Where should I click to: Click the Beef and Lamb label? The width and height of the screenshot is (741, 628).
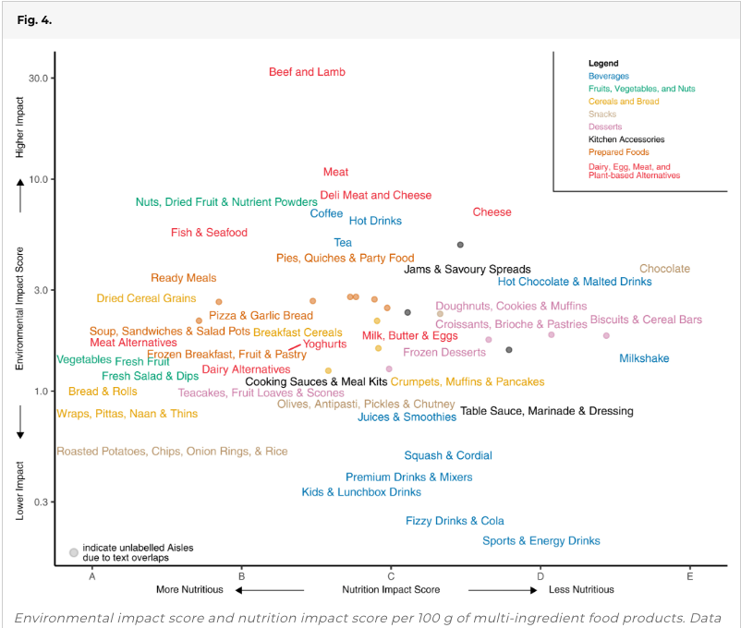pos(305,72)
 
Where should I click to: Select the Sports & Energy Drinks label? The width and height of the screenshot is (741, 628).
pos(541,541)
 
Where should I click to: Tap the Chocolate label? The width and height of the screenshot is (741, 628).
pos(664,269)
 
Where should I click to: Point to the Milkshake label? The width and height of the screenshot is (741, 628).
pos(644,358)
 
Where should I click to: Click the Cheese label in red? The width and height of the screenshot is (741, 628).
pos(492,212)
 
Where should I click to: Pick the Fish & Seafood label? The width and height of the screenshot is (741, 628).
pos(209,233)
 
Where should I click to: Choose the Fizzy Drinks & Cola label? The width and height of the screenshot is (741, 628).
pos(455,521)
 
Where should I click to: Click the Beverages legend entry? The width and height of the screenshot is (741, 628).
pos(608,76)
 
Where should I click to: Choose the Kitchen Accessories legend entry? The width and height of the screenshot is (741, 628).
pos(626,139)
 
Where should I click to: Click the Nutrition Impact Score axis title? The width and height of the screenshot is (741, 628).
pos(391,589)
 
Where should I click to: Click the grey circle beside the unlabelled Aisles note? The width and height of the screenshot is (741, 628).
pos(73,552)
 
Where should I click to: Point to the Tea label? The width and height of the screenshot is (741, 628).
pos(343,243)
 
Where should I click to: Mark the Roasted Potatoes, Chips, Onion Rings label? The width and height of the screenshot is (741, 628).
pos(172,452)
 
